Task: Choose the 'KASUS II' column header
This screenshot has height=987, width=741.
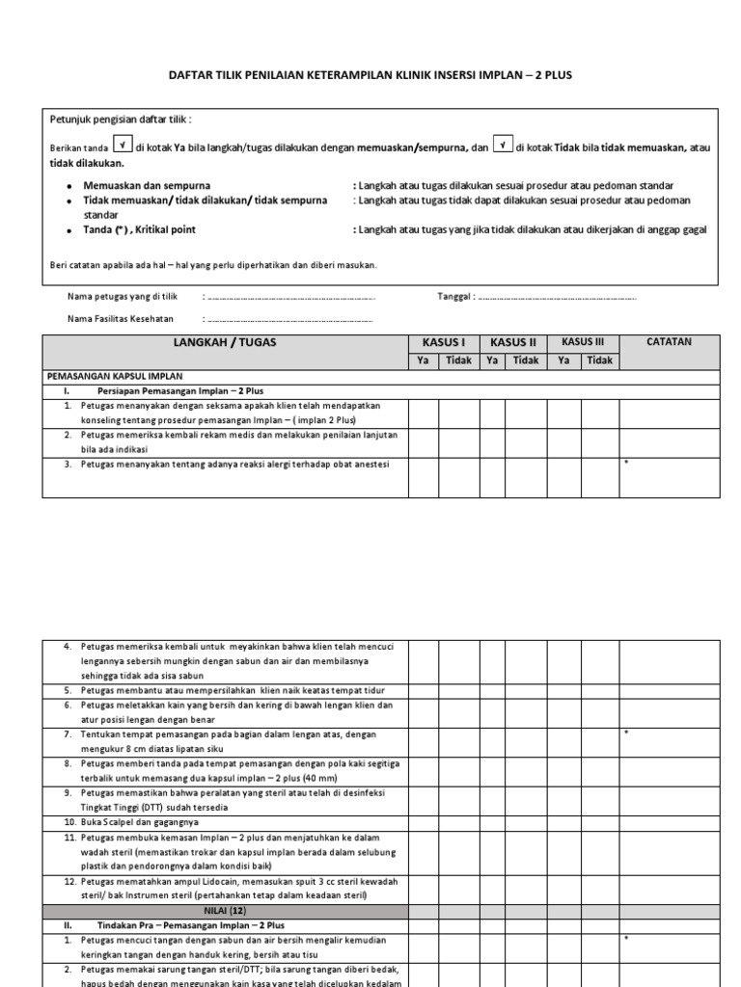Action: pyautogui.click(x=513, y=342)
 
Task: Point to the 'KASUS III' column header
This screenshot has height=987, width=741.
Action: pyautogui.click(x=583, y=342)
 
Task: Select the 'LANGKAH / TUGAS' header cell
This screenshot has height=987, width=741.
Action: pyautogui.click(x=226, y=343)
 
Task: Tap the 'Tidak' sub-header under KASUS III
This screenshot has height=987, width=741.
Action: pyautogui.click(x=599, y=360)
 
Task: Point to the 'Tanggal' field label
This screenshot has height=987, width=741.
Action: pyautogui.click(x=456, y=297)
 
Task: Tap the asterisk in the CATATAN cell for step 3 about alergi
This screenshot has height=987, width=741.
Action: pyautogui.click(x=626, y=465)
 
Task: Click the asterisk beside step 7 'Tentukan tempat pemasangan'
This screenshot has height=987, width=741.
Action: pyautogui.click(x=626, y=734)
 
